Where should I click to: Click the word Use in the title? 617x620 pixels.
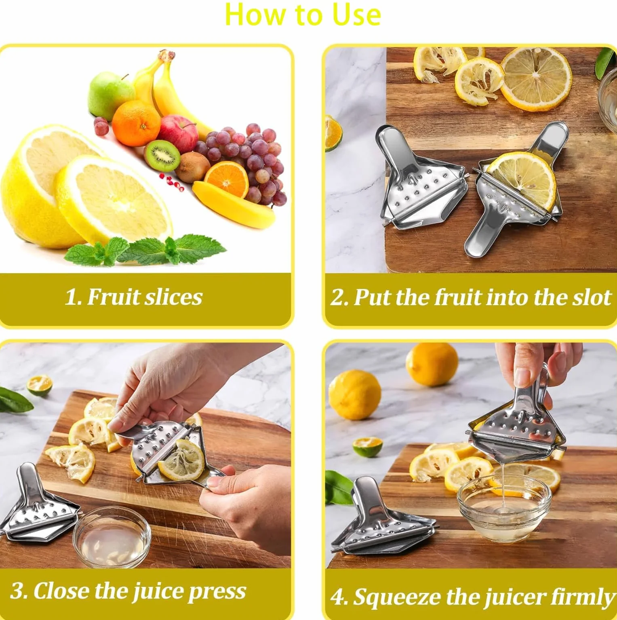pyautogui.click(x=356, y=15)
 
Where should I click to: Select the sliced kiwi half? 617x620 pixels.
pyautogui.click(x=162, y=156)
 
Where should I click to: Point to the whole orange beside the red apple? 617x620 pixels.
pyautogui.click(x=136, y=123)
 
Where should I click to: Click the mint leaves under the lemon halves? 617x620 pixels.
pyautogui.click(x=145, y=250)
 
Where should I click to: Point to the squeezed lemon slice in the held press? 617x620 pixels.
pyautogui.click(x=181, y=460)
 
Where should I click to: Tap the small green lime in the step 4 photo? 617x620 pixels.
pyautogui.click(x=368, y=447)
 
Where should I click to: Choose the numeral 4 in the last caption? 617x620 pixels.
pyautogui.click(x=337, y=597)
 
